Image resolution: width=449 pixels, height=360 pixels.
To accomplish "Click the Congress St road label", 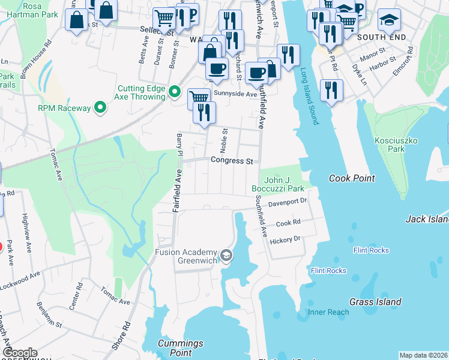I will [x=231, y=161].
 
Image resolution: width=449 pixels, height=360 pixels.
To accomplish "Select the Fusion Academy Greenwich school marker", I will [x=226, y=256].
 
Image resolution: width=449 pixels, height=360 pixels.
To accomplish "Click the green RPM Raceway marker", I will [x=100, y=108].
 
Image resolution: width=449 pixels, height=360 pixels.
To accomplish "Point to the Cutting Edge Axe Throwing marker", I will [x=175, y=92].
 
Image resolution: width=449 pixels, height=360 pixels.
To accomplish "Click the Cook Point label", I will [x=352, y=178].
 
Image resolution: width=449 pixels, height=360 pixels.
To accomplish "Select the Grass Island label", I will [x=376, y=302].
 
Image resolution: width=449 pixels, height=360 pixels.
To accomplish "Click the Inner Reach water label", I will [x=328, y=312].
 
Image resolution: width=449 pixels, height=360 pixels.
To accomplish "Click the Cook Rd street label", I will [x=288, y=223].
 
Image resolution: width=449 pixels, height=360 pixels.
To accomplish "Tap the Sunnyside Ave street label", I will [x=237, y=94].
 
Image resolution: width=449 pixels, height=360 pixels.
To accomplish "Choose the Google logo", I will [x=20, y=353].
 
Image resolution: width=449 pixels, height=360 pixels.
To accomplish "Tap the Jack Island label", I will [x=427, y=220].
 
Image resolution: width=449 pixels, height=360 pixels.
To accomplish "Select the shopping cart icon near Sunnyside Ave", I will [x=199, y=97].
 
